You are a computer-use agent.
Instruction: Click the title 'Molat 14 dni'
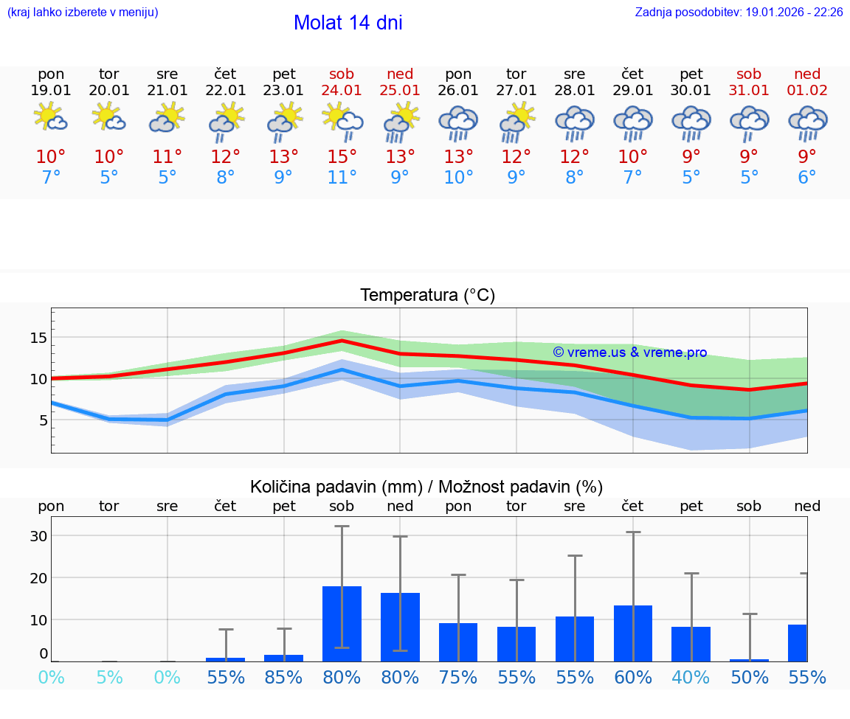click(348, 23)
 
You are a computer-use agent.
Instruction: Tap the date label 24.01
click(342, 91)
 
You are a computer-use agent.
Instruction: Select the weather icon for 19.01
click(51, 118)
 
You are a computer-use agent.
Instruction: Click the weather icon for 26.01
click(458, 123)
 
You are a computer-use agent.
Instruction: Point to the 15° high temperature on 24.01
click(342, 157)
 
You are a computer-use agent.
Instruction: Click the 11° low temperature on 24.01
click(342, 178)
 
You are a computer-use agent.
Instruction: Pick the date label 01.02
click(807, 91)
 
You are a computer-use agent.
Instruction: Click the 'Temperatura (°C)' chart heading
click(427, 296)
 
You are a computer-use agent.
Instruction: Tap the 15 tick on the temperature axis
click(38, 338)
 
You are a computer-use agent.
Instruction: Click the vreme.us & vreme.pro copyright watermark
click(629, 352)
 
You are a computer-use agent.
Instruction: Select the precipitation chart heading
click(426, 487)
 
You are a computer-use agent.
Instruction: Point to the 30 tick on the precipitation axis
click(38, 536)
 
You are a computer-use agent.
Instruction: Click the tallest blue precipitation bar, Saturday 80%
click(342, 624)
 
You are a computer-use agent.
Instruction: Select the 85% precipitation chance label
click(283, 678)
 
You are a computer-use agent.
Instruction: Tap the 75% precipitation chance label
click(458, 678)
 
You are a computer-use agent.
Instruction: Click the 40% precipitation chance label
click(691, 678)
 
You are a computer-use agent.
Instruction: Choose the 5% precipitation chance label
click(109, 678)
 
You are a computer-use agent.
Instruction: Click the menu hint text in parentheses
click(82, 13)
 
